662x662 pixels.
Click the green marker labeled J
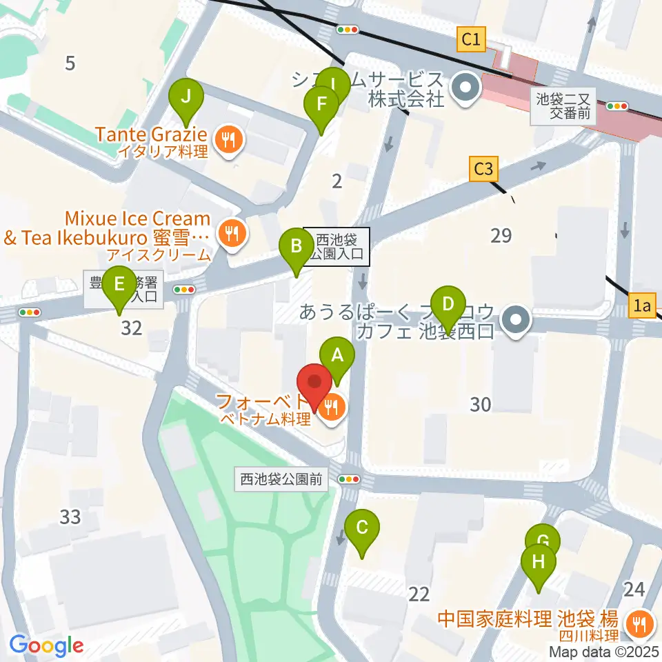pos(186,97)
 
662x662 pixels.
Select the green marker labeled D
pos(448,305)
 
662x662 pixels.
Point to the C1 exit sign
pos(472,40)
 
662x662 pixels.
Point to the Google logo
pos(47,645)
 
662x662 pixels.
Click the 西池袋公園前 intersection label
pos(281,479)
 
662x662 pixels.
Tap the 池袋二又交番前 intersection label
pos(563,106)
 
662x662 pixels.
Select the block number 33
pos(70,516)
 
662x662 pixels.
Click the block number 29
pos(501,236)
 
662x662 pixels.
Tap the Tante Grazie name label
pos(151,133)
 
